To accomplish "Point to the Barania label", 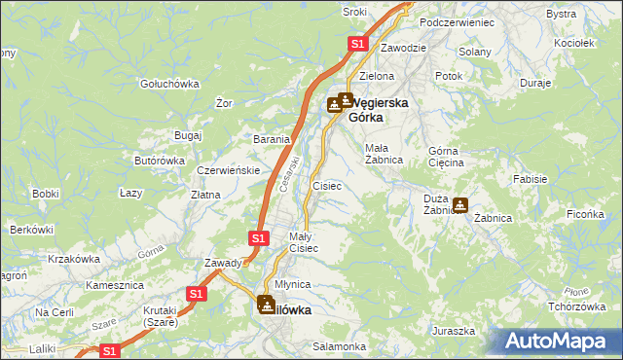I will point(273,139).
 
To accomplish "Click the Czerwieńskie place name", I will point(228,169).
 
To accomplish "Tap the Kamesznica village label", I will point(115,285).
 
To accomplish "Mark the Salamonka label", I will point(339,346).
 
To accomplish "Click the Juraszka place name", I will point(454,331).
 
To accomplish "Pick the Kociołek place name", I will point(572,44).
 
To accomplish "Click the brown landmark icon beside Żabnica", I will point(460,205).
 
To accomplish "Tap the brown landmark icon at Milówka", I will point(266,305).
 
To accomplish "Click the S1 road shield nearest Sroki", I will point(357,44).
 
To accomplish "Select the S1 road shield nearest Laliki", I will point(110,351).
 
